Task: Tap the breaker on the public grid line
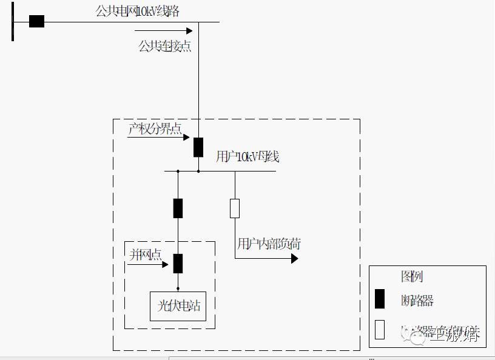pos(36,21)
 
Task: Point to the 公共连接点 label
pos(165,46)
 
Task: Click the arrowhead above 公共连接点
pos(189,30)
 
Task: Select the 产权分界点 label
pos(155,128)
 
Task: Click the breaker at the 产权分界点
pos(198,147)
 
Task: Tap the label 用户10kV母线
pos(247,157)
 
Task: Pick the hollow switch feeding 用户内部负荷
pos(235,208)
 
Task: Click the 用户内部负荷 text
pos(269,244)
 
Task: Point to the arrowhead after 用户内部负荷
pos(295,259)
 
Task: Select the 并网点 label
pos(146,255)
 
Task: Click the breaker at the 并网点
pos(178,264)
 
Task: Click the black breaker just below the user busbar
pos(178,208)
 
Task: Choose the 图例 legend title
pos(412,277)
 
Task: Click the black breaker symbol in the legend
pos(380,299)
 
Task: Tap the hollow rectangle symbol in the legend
pos(380,330)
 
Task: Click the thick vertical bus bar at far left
pos(13,21)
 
